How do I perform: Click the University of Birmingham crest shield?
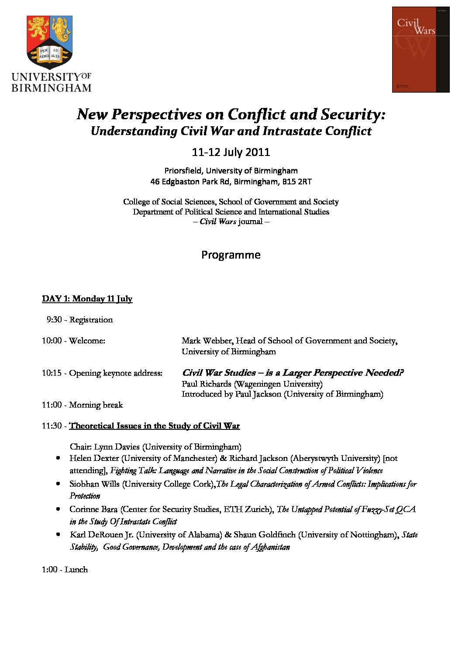[x=49, y=42]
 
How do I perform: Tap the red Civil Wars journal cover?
[x=421, y=49]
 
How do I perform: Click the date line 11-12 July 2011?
[x=231, y=152]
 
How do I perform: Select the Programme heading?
[x=231, y=255]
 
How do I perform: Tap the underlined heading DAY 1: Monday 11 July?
[x=87, y=299]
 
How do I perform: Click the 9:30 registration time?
[x=54, y=320]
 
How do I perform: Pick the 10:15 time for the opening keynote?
[x=52, y=373]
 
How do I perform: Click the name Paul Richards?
[x=207, y=384]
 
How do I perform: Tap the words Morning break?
[x=96, y=405]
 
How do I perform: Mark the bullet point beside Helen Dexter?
[x=58, y=458]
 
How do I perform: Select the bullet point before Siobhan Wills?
[x=58, y=484]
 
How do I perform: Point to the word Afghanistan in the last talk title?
[x=270, y=547]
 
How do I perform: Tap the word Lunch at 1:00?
[x=76, y=570]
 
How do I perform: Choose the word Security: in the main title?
[x=353, y=114]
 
